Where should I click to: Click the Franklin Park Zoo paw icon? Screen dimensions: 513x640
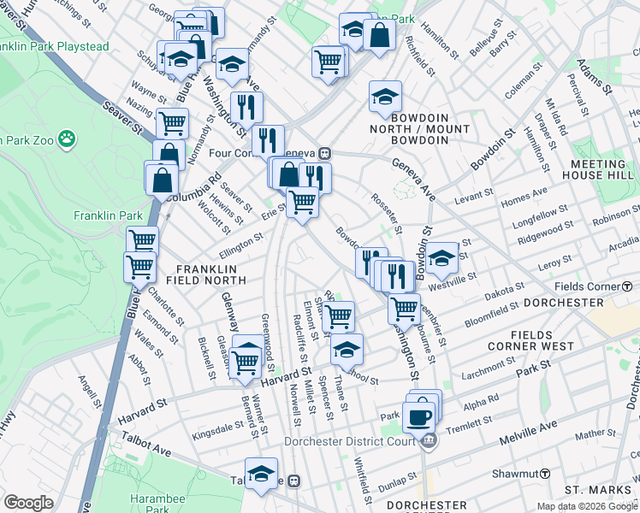pyautogui.click(x=67, y=138)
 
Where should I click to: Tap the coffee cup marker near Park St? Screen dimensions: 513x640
pyautogui.click(x=418, y=417)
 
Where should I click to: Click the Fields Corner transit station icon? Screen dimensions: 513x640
pyautogui.click(x=627, y=286)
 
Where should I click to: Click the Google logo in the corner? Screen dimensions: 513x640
pyautogui.click(x=28, y=503)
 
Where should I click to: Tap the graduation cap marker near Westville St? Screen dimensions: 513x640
pyautogui.click(x=441, y=258)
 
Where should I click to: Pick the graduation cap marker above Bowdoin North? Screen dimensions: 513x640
pyautogui.click(x=385, y=96)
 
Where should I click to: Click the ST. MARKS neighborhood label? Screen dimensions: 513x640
pyautogui.click(x=596, y=490)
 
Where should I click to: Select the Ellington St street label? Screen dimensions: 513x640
pyautogui.click(x=240, y=245)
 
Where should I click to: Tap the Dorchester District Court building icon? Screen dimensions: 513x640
pyautogui.click(x=430, y=441)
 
